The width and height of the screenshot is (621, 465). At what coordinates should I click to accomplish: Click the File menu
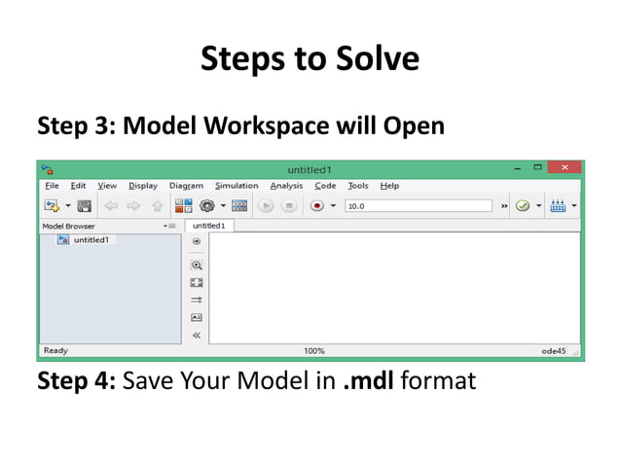(51, 186)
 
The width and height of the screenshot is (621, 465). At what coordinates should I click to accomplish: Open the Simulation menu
(237, 186)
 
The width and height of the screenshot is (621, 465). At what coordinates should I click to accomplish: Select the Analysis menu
(286, 186)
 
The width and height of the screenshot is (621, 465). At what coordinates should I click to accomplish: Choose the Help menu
(389, 186)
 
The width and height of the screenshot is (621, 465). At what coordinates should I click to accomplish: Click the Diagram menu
(186, 186)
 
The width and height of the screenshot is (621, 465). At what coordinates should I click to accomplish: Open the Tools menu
(358, 186)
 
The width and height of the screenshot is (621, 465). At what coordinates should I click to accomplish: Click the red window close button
(564, 168)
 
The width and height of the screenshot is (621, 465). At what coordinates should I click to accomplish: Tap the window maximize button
(536, 168)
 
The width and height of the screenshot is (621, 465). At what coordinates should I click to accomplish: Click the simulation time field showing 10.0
(419, 206)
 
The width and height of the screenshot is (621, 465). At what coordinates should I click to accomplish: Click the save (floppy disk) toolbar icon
(84, 206)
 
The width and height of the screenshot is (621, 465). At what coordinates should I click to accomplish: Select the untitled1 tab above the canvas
(208, 226)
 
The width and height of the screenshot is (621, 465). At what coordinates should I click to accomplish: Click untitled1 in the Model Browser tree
(91, 239)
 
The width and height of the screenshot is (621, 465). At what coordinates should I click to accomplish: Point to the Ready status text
(55, 350)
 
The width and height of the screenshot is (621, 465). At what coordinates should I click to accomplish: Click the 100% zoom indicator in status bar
(314, 350)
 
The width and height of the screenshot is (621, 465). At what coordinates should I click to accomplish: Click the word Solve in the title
(373, 59)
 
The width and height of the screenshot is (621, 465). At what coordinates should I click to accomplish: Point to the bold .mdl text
(367, 380)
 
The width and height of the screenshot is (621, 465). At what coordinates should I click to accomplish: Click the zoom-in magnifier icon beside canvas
(197, 265)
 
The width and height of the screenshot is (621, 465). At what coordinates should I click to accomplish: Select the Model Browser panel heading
(68, 226)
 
